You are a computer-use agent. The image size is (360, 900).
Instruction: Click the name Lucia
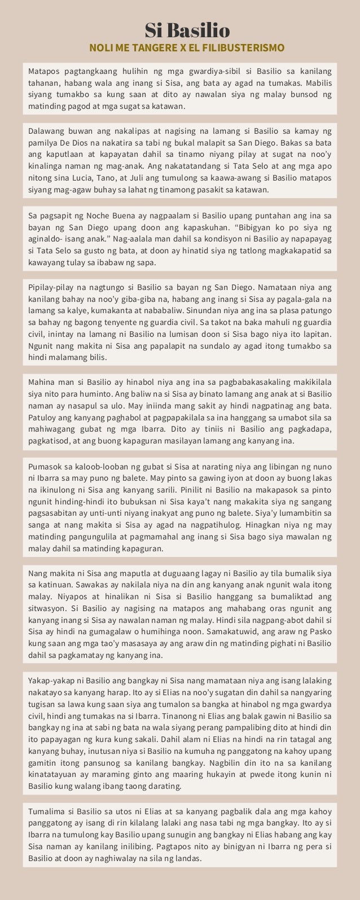pyautogui.click(x=79, y=178)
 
